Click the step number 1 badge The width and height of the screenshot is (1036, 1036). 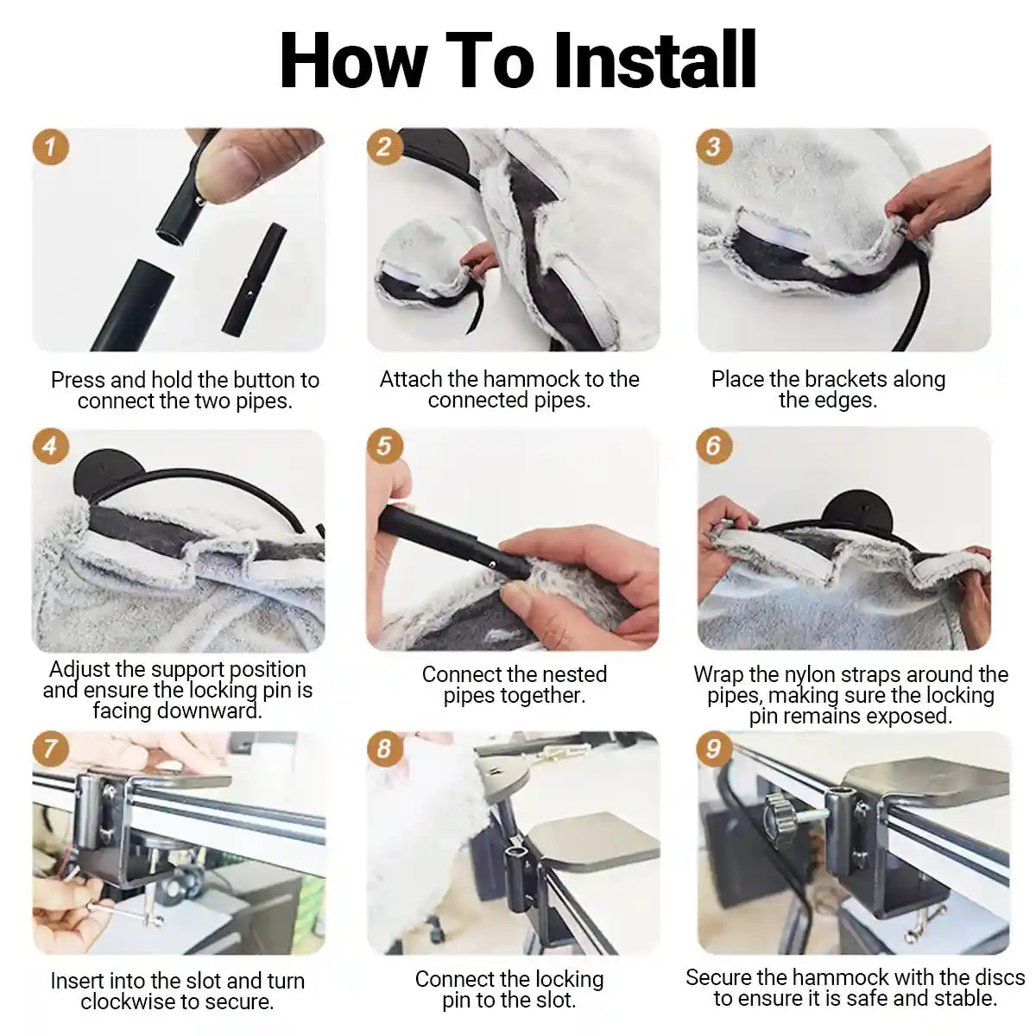point(51,147)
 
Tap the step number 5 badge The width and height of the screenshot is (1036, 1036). point(384,445)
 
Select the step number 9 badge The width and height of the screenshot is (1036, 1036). point(713,749)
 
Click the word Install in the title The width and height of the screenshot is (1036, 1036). point(654,60)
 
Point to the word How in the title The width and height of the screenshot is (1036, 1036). point(353,60)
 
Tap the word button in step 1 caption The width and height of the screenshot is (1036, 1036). point(260,380)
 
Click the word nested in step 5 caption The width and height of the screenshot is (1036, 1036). point(576,674)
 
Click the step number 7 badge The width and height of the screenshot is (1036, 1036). point(51,749)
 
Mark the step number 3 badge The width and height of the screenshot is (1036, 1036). point(713,147)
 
